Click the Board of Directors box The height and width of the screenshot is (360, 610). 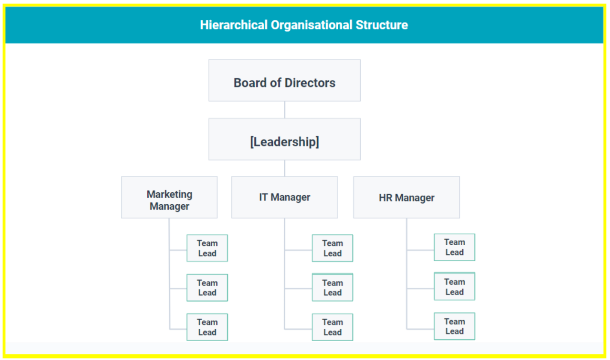pyautogui.click(x=285, y=80)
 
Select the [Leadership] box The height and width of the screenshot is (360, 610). pyautogui.click(x=285, y=139)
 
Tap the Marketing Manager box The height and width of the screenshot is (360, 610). pyautogui.click(x=170, y=197)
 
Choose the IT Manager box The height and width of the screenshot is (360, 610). pyautogui.click(x=285, y=197)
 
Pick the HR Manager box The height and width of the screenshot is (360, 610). pyautogui.click(x=407, y=197)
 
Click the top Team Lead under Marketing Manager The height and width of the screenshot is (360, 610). pyautogui.click(x=207, y=248)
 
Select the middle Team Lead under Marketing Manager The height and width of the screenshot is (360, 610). pyautogui.click(x=207, y=288)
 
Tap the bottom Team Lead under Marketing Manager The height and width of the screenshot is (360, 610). pyautogui.click(x=207, y=327)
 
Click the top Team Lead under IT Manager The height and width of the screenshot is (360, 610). pyautogui.click(x=333, y=248)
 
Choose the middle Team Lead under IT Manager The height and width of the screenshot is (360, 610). pyautogui.click(x=333, y=287)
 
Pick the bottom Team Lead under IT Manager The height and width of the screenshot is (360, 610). pyautogui.click(x=333, y=327)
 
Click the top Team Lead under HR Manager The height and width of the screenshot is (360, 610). pyautogui.click(x=455, y=247)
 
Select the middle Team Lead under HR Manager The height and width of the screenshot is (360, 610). pyautogui.click(x=455, y=286)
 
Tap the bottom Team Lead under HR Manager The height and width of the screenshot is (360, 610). pyautogui.click(x=455, y=326)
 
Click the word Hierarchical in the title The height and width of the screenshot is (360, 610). pyautogui.click(x=234, y=25)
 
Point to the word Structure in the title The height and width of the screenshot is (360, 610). pyautogui.click(x=382, y=25)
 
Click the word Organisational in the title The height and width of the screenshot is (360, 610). pyautogui.click(x=312, y=25)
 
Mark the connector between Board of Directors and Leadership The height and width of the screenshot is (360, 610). pyautogui.click(x=285, y=110)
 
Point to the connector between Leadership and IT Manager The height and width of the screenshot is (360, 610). pyautogui.click(x=285, y=168)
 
